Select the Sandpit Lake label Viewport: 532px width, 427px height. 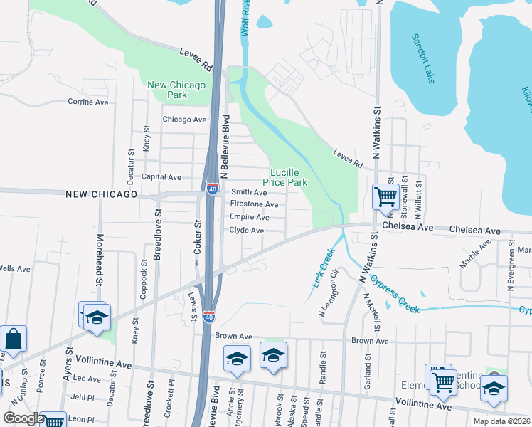422,59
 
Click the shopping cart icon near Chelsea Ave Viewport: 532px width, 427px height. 385,196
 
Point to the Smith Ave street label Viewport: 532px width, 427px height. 249,192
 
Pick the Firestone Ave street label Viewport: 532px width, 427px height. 253,204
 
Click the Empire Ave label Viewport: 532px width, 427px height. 249,217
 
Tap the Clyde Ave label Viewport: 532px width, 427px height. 247,231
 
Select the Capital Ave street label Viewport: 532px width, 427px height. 161,176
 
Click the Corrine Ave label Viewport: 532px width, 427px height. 88,102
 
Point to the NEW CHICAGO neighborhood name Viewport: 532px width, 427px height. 101,194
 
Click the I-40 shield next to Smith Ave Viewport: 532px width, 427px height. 212,189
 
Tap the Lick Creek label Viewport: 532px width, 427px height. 322,268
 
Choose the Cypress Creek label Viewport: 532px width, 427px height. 394,293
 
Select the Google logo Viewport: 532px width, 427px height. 23,418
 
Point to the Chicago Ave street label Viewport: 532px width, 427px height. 185,120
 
